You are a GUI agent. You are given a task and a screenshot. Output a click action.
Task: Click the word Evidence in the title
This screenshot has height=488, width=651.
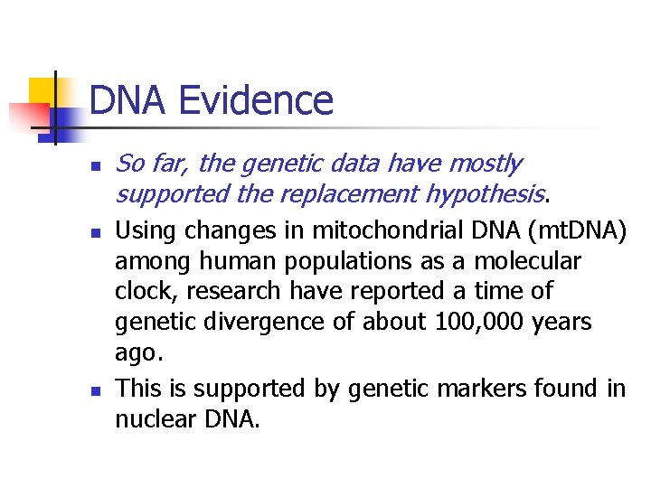point(256,100)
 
